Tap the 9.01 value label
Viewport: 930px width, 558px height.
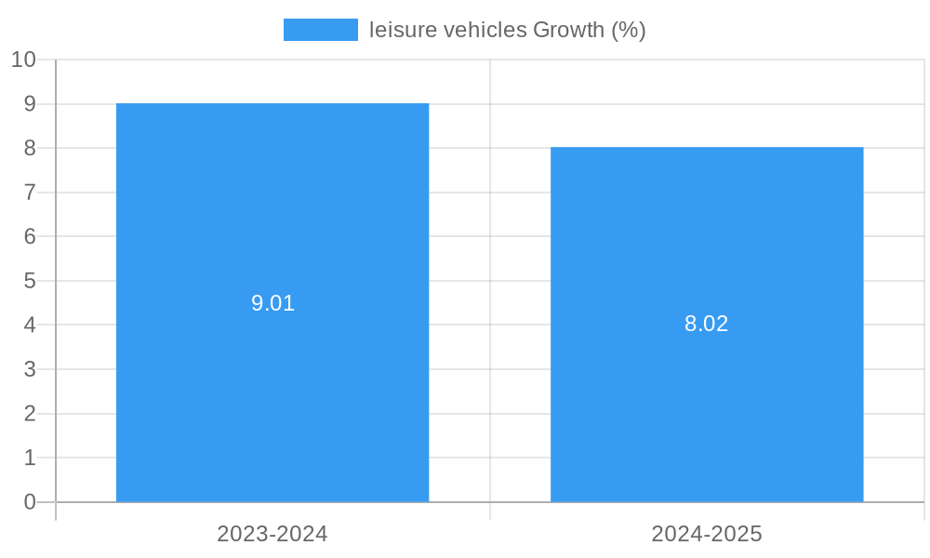coord(272,303)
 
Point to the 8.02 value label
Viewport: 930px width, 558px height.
coord(707,324)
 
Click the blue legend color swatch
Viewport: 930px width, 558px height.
coord(320,30)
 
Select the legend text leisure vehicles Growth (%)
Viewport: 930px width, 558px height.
coord(507,30)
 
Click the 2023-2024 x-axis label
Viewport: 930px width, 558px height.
coord(272,534)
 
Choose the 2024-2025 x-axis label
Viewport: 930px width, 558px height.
coord(707,534)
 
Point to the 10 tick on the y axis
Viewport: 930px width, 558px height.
coord(23,60)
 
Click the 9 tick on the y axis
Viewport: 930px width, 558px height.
coord(30,104)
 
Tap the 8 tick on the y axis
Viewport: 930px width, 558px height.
coord(30,148)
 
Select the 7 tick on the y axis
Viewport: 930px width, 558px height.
coord(30,193)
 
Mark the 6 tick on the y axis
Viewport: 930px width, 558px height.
coord(30,236)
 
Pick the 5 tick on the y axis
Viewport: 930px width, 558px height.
coord(30,281)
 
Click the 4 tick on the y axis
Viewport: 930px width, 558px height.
coord(30,325)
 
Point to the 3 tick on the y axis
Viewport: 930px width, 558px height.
coord(30,369)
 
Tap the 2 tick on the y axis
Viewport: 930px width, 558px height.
coord(30,413)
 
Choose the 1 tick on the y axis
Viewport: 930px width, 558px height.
coord(30,458)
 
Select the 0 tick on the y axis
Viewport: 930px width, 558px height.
coord(30,502)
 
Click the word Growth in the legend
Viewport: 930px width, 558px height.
coord(567,30)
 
